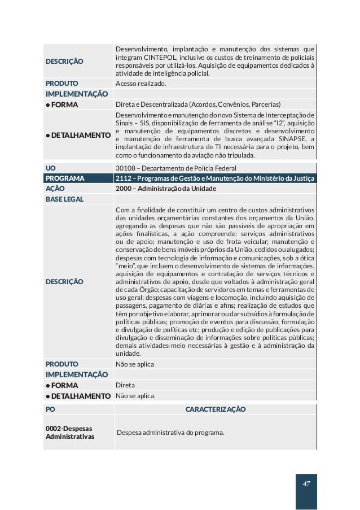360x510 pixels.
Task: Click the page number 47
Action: click(306, 484)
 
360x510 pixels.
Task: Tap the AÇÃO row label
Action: click(55, 189)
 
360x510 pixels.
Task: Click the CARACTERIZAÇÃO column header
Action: click(215, 409)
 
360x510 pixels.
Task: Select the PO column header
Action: click(50, 409)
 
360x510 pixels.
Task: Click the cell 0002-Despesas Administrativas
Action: click(69, 433)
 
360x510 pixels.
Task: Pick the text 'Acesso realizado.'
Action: click(141, 83)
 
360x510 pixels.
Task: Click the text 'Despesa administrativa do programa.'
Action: click(171, 433)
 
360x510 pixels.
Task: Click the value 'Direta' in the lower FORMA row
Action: click(125, 385)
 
